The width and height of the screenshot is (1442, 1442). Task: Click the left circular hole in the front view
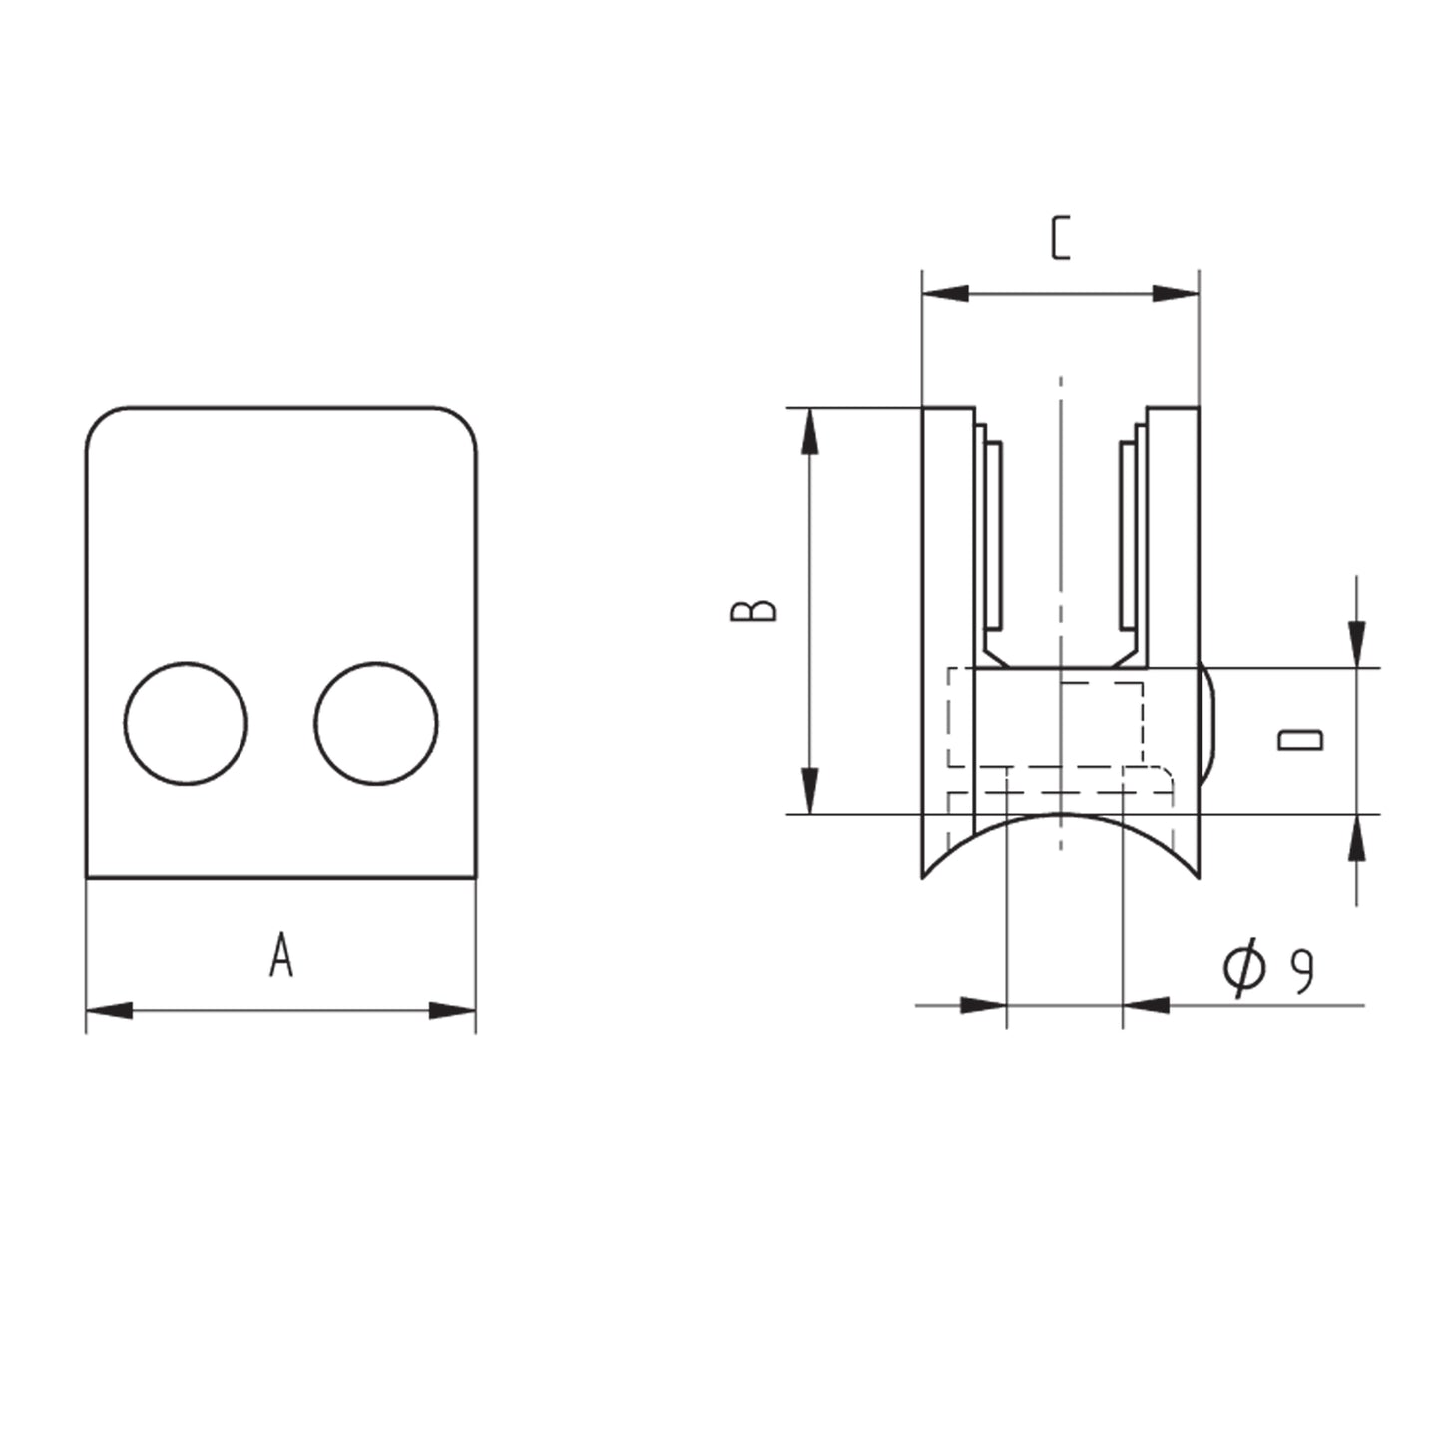[186, 723]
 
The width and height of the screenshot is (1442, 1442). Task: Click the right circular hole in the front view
[376, 723]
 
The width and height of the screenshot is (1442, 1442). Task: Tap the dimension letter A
[281, 954]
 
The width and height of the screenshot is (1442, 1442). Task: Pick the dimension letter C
[1061, 238]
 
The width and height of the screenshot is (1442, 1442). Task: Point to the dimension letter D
[1300, 740]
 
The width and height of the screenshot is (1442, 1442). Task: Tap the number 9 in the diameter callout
[1303, 972]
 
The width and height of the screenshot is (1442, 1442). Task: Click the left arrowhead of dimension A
[109, 1010]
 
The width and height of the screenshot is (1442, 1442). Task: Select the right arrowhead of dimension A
[452, 1010]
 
